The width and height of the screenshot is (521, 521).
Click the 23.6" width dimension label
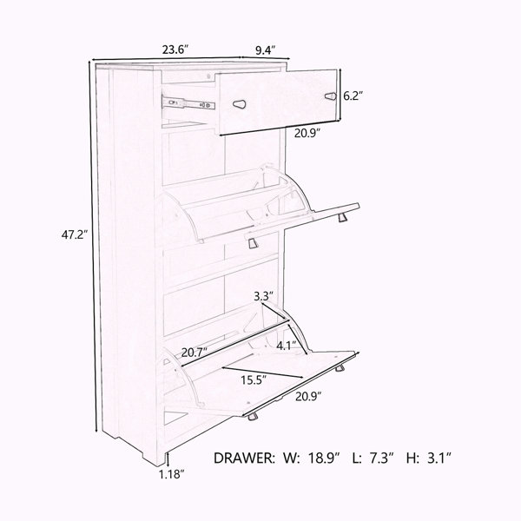175,49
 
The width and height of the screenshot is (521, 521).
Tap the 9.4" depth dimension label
266,50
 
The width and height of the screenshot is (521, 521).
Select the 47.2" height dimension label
75,235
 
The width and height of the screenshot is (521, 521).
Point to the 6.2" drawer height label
353,96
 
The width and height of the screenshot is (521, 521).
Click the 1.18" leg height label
171,474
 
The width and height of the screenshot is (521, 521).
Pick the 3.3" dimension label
263,296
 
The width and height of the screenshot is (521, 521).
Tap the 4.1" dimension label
287,346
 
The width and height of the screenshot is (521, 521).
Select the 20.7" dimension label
195,352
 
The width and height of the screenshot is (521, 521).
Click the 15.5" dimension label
254,379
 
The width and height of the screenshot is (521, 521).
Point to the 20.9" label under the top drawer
307,133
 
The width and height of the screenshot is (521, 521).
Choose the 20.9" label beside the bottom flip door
308,397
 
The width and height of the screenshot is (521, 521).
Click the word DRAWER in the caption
244,458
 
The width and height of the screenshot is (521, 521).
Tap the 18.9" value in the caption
324,458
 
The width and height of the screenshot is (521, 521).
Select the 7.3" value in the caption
381,458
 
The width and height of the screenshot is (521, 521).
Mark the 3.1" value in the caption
438,458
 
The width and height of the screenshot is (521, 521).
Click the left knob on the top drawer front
240,105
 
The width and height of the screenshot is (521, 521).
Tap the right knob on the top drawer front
330,96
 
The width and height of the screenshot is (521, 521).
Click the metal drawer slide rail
188,103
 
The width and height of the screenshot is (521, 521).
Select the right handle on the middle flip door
342,218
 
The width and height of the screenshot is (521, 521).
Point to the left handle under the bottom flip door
253,417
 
